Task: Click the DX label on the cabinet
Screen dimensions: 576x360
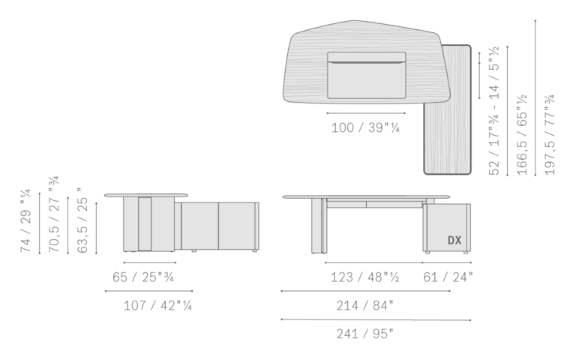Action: (x=454, y=240)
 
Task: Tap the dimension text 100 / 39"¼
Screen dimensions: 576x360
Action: (x=365, y=127)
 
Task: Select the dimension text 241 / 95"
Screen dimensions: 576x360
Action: (x=364, y=334)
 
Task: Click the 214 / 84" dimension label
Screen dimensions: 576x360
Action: (x=364, y=305)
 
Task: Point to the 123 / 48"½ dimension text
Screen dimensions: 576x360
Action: (x=364, y=277)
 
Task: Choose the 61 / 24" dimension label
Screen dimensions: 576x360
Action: (x=448, y=277)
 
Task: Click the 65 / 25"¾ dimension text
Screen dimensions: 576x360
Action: (x=143, y=277)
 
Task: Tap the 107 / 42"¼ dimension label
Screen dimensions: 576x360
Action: (x=157, y=305)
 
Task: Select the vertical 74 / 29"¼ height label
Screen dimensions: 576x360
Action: (x=25, y=220)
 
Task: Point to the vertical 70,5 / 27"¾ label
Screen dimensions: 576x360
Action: (x=54, y=214)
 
